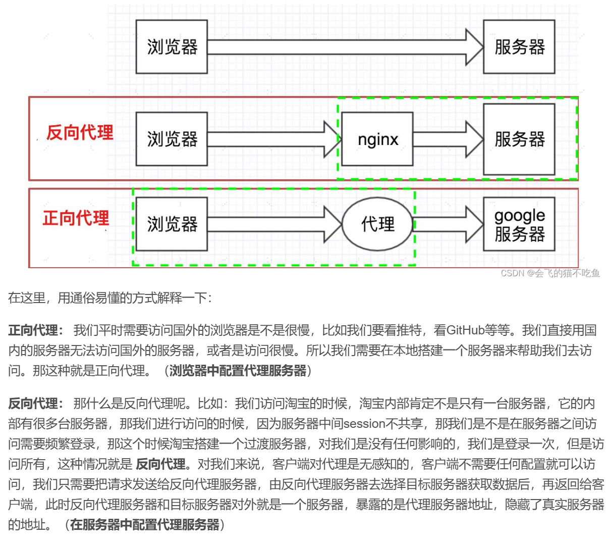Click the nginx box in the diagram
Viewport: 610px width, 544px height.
[377, 139]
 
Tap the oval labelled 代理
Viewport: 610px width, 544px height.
[378, 224]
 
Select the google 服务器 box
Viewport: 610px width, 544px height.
[519, 224]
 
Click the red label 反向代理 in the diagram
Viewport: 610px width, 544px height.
[80, 133]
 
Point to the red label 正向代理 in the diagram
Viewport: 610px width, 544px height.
[76, 218]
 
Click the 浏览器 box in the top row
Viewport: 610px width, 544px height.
[172, 47]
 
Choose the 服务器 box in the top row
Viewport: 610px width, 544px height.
[519, 47]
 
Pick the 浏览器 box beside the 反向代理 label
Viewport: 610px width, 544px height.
[172, 139]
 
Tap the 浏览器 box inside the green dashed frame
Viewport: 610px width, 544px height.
[172, 224]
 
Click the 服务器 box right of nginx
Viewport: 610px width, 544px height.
[519, 139]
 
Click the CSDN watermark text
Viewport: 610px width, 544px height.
[550, 273]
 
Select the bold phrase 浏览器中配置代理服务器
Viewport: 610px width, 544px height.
[238, 371]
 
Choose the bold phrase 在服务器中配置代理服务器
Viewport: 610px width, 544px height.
[145, 525]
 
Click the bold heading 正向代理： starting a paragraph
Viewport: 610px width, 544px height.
[36, 330]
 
